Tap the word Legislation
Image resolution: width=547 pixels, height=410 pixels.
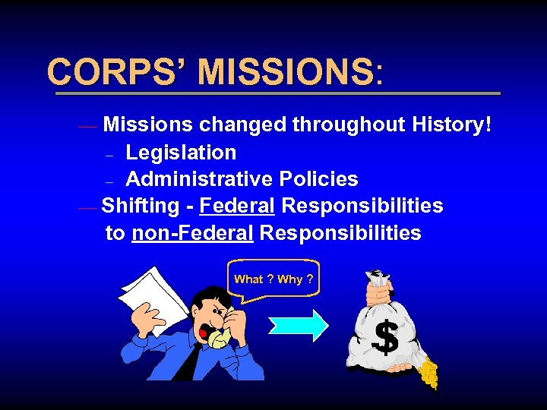pos(181,153)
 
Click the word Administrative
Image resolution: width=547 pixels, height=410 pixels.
pos(199,179)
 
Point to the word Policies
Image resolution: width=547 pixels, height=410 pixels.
pos(318,179)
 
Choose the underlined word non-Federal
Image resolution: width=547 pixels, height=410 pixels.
pos(192,232)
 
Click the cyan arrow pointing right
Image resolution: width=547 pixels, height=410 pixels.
pos(299,325)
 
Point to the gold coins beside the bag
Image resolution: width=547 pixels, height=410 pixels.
pos(429,372)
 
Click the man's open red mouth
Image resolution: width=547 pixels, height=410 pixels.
pos(204,333)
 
